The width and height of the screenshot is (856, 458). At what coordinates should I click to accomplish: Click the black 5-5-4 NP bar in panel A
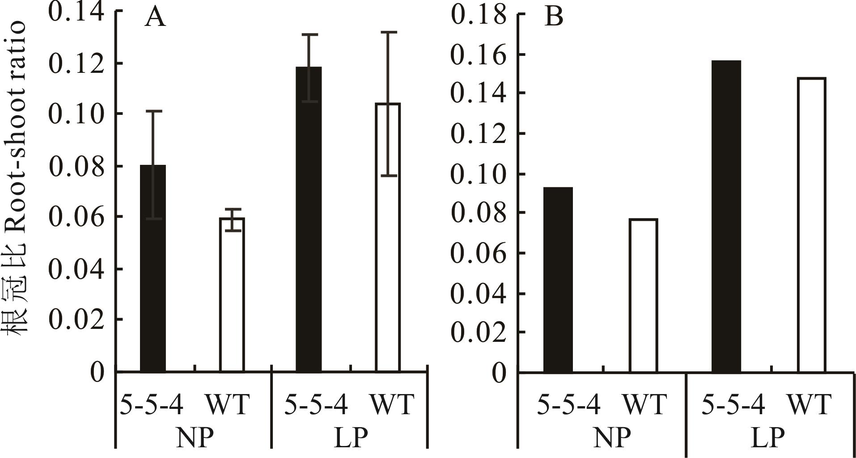pyautogui.click(x=153, y=268)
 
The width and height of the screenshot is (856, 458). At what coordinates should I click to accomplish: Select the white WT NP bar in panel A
pyautogui.click(x=232, y=295)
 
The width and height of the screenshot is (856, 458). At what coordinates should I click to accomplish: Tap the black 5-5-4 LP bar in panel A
pyautogui.click(x=309, y=219)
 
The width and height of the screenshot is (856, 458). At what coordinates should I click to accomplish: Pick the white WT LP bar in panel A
pyautogui.click(x=387, y=237)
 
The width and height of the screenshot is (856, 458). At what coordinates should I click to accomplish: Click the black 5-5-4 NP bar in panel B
pyautogui.click(x=558, y=279)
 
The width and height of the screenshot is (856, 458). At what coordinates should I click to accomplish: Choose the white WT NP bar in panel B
pyautogui.click(x=643, y=295)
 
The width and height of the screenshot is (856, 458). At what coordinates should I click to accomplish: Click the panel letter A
pyautogui.click(x=155, y=18)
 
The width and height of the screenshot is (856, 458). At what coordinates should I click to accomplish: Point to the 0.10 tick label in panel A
pyautogui.click(x=76, y=114)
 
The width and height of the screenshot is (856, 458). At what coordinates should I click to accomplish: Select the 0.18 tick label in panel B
pyautogui.click(x=479, y=15)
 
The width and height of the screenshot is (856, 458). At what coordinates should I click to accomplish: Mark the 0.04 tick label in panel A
pyautogui.click(x=76, y=269)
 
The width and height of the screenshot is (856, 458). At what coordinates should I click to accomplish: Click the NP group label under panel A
pyautogui.click(x=194, y=438)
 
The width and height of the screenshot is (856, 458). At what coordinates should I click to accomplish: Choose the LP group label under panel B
pyautogui.click(x=767, y=438)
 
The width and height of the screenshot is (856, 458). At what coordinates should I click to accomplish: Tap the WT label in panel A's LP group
pyautogui.click(x=391, y=404)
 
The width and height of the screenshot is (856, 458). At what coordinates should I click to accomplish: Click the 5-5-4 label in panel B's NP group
pyautogui.click(x=568, y=404)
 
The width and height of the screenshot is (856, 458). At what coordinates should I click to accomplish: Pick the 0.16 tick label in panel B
pyautogui.click(x=479, y=55)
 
